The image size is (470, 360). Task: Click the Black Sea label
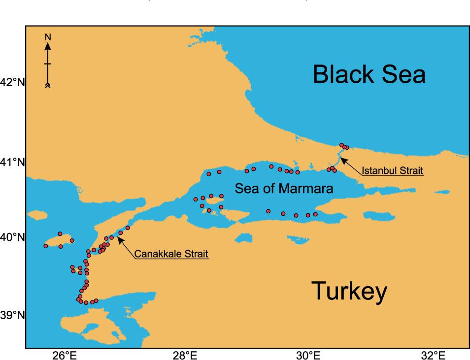[x=369, y=75]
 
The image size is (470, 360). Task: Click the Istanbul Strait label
[x=392, y=171]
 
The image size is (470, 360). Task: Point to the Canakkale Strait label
[x=171, y=254]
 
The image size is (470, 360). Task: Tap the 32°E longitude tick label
[x=433, y=355]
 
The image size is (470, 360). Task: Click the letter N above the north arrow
[x=48, y=37]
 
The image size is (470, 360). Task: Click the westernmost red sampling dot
[x=46, y=246]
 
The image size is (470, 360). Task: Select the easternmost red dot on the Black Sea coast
[x=347, y=147]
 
